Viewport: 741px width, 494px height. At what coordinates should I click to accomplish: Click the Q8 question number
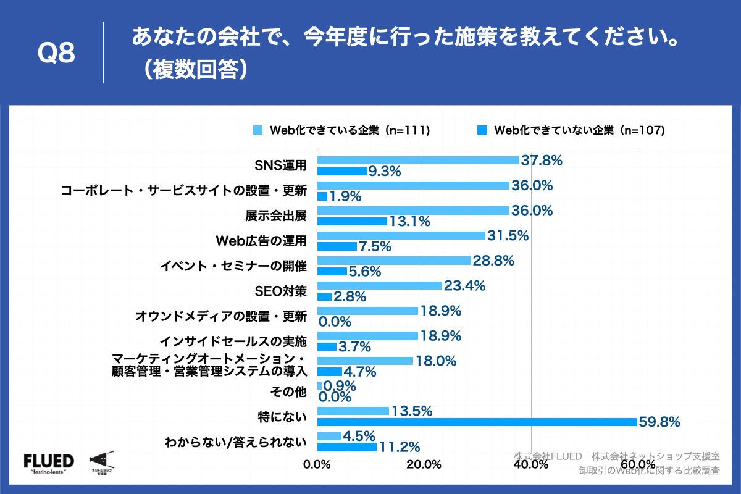[56, 54]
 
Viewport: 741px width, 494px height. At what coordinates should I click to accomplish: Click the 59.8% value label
[659, 422]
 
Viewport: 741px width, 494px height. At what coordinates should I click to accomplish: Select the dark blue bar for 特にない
[477, 422]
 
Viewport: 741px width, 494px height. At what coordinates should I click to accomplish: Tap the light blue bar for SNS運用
[418, 160]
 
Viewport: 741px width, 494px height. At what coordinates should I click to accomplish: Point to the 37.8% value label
[542, 161]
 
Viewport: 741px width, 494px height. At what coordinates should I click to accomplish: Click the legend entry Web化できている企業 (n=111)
[341, 130]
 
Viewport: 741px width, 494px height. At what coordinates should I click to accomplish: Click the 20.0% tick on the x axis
[424, 464]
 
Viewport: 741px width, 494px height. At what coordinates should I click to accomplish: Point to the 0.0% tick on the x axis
[317, 464]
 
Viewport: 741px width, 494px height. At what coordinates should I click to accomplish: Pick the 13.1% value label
[409, 222]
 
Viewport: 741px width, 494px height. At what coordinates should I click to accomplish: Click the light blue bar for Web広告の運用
[401, 235]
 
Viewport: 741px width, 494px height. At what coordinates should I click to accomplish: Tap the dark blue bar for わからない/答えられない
[346, 446]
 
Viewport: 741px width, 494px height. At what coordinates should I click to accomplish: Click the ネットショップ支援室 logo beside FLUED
[101, 462]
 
